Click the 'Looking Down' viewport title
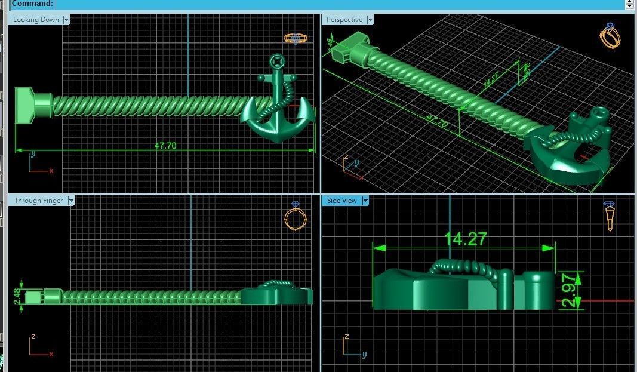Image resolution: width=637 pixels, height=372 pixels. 36,20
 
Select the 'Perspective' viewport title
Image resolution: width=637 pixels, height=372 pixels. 344,20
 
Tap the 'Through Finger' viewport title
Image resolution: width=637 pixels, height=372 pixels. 38,201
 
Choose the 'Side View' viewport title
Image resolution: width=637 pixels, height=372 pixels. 342,201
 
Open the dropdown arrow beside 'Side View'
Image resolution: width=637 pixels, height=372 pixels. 364,201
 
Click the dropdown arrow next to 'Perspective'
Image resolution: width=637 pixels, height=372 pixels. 370,20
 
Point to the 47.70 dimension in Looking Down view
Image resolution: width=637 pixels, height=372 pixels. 165,145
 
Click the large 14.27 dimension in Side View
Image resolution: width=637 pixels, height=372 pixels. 466,239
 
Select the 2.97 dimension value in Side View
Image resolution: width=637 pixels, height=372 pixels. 570,290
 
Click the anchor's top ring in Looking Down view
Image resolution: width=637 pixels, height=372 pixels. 276,60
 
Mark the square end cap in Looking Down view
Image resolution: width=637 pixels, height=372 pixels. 25,106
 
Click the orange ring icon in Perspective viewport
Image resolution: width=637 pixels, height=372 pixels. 610,36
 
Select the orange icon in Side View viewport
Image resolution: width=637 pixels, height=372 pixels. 610,216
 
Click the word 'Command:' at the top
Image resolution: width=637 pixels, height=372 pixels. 32,4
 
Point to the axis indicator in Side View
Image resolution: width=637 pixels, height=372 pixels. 353,347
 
